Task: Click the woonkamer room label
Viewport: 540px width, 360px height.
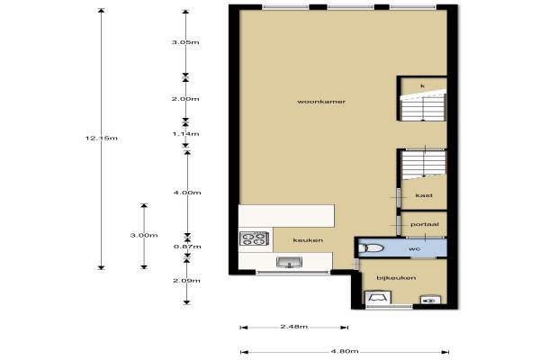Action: tap(321, 102)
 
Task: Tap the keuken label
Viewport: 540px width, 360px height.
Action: tap(308, 240)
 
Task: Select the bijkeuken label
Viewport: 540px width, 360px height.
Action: tap(396, 278)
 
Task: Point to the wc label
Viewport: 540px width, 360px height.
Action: tap(414, 248)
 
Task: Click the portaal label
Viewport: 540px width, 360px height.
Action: tap(425, 225)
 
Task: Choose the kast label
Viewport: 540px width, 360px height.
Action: tap(424, 195)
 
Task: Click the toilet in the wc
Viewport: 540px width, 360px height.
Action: tap(371, 248)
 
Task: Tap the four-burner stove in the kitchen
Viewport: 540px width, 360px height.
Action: tap(254, 238)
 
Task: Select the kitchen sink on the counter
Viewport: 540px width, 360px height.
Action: tap(289, 263)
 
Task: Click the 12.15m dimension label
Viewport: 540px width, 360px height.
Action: tap(101, 138)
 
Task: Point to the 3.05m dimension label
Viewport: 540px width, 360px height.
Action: tap(185, 42)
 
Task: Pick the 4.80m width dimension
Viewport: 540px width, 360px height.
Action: tap(345, 351)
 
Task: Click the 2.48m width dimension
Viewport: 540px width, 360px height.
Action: tap(293, 327)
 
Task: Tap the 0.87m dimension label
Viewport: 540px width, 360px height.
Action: tap(187, 247)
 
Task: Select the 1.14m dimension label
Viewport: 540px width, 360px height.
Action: tap(185, 134)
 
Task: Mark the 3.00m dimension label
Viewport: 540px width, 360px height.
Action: tap(144, 235)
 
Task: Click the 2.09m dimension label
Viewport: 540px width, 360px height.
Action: tap(186, 281)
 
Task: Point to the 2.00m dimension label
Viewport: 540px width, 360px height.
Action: tap(185, 99)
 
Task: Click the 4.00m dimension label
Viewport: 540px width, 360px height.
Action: tap(187, 193)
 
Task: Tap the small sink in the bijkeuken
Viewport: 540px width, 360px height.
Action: tap(430, 300)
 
